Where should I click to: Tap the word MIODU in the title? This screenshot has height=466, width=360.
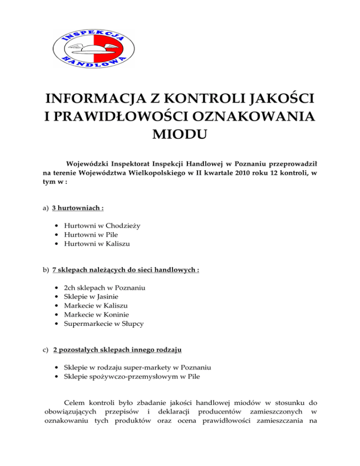pos(179,138)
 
